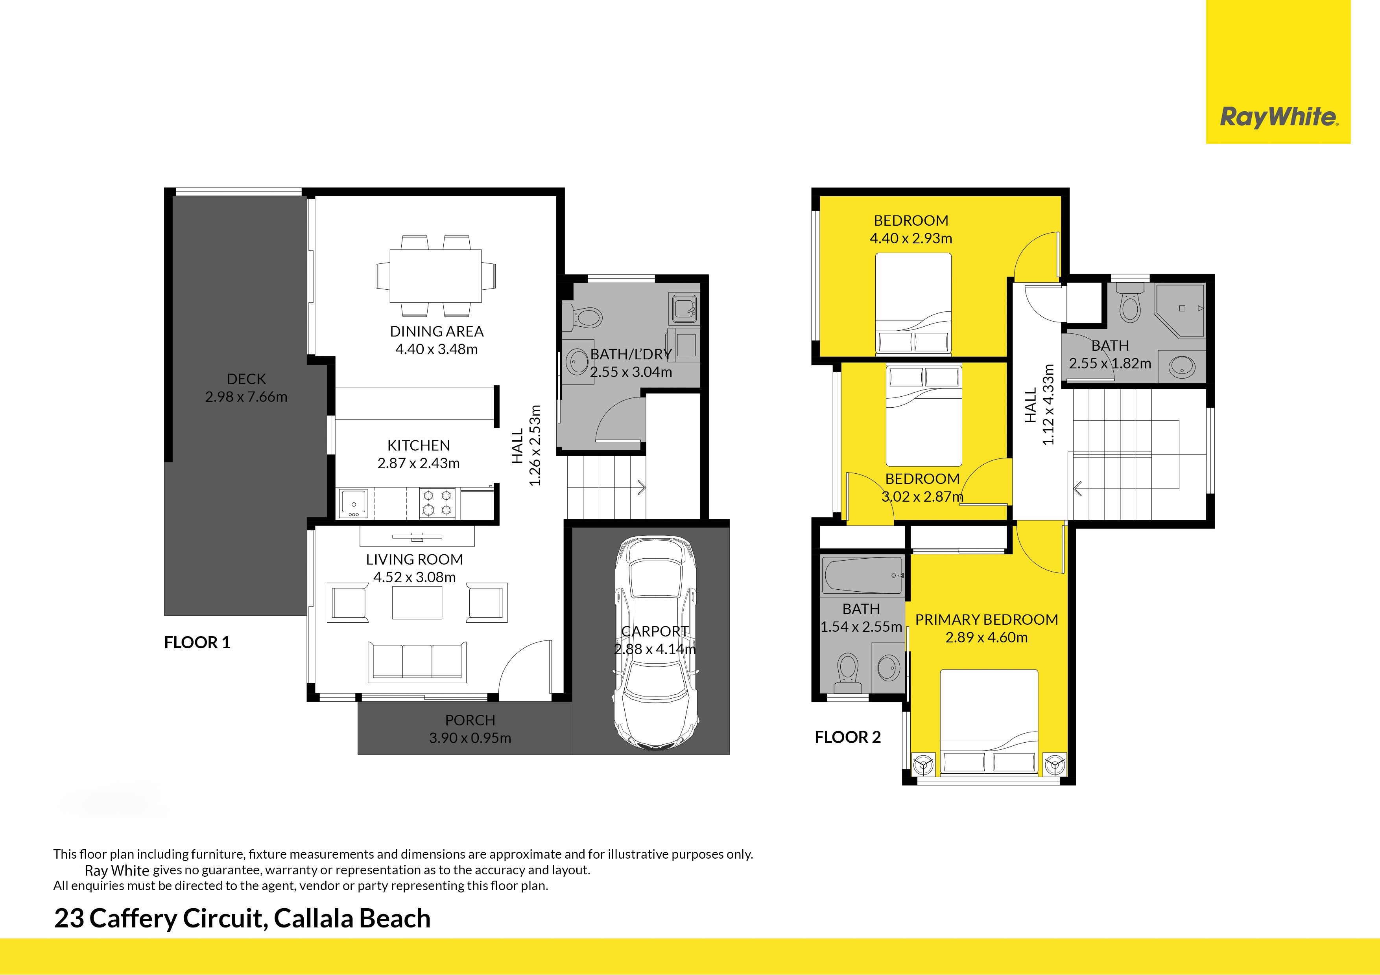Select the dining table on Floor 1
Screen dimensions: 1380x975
pos(436,276)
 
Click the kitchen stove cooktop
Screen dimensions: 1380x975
pos(437,503)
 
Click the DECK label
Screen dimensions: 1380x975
pos(246,379)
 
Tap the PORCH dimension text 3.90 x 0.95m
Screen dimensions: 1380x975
pos(470,738)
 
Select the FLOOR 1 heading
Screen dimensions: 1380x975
pos(197,643)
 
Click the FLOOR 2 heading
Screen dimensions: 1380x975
pos(847,737)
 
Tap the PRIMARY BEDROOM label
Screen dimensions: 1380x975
pos(986,619)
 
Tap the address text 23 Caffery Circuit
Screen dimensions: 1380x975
pos(159,918)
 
